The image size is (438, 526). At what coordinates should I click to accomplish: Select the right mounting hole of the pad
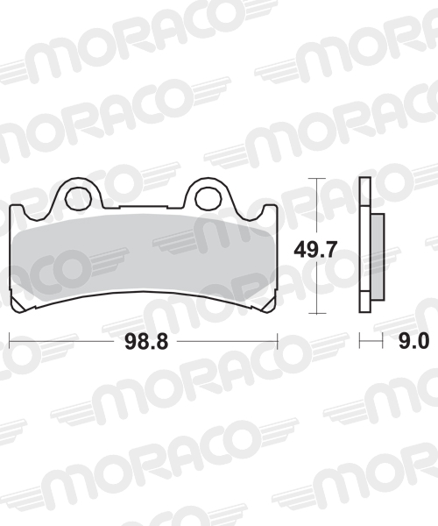[208, 195]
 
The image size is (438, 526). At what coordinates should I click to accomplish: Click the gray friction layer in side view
[377, 258]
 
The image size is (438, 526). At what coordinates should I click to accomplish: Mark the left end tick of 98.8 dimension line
[10, 340]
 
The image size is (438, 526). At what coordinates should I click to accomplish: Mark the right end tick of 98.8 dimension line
[277, 340]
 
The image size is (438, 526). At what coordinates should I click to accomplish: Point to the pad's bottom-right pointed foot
[271, 307]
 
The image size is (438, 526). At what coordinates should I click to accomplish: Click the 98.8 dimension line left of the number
[61, 340]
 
